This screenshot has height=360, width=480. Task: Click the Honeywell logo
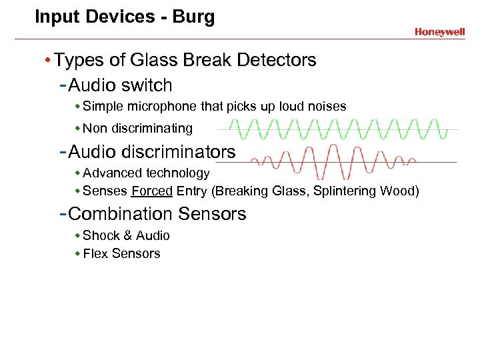[439, 32]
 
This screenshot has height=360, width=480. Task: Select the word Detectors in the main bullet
[277, 61]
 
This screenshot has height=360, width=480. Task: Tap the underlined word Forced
[152, 192]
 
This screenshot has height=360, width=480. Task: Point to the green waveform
[333, 129]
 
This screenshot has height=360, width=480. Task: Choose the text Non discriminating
[137, 128]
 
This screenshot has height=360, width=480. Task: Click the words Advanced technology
[146, 173]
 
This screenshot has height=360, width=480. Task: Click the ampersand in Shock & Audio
[125, 236]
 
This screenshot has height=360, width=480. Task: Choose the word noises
[327, 107]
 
